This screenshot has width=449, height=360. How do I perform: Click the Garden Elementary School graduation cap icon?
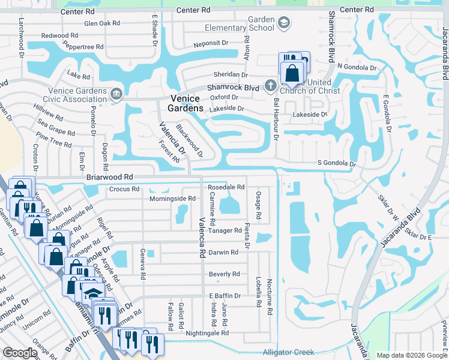pos(283,23)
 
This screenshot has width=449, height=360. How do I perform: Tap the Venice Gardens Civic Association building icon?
pos(116,93)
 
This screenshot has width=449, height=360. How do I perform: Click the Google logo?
pos(20,353)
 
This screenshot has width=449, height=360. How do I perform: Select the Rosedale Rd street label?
pos(226,187)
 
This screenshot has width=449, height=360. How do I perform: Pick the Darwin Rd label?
pos(223,253)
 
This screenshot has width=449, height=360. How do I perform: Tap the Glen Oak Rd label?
pos(103,23)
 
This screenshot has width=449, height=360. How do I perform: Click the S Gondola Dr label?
pos(337,164)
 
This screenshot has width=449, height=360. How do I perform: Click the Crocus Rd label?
pos(124,188)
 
